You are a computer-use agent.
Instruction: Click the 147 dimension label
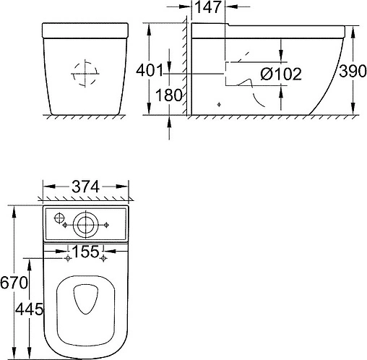207,7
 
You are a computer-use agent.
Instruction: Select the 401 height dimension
150,70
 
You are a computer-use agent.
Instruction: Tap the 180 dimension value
169,95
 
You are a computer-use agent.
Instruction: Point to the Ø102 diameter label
281,74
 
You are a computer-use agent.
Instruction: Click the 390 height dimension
353,71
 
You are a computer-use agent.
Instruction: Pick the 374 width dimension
85,187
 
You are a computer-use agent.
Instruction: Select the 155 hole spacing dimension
85,252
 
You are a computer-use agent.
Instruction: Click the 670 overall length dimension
14,283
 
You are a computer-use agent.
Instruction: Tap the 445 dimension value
29,309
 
